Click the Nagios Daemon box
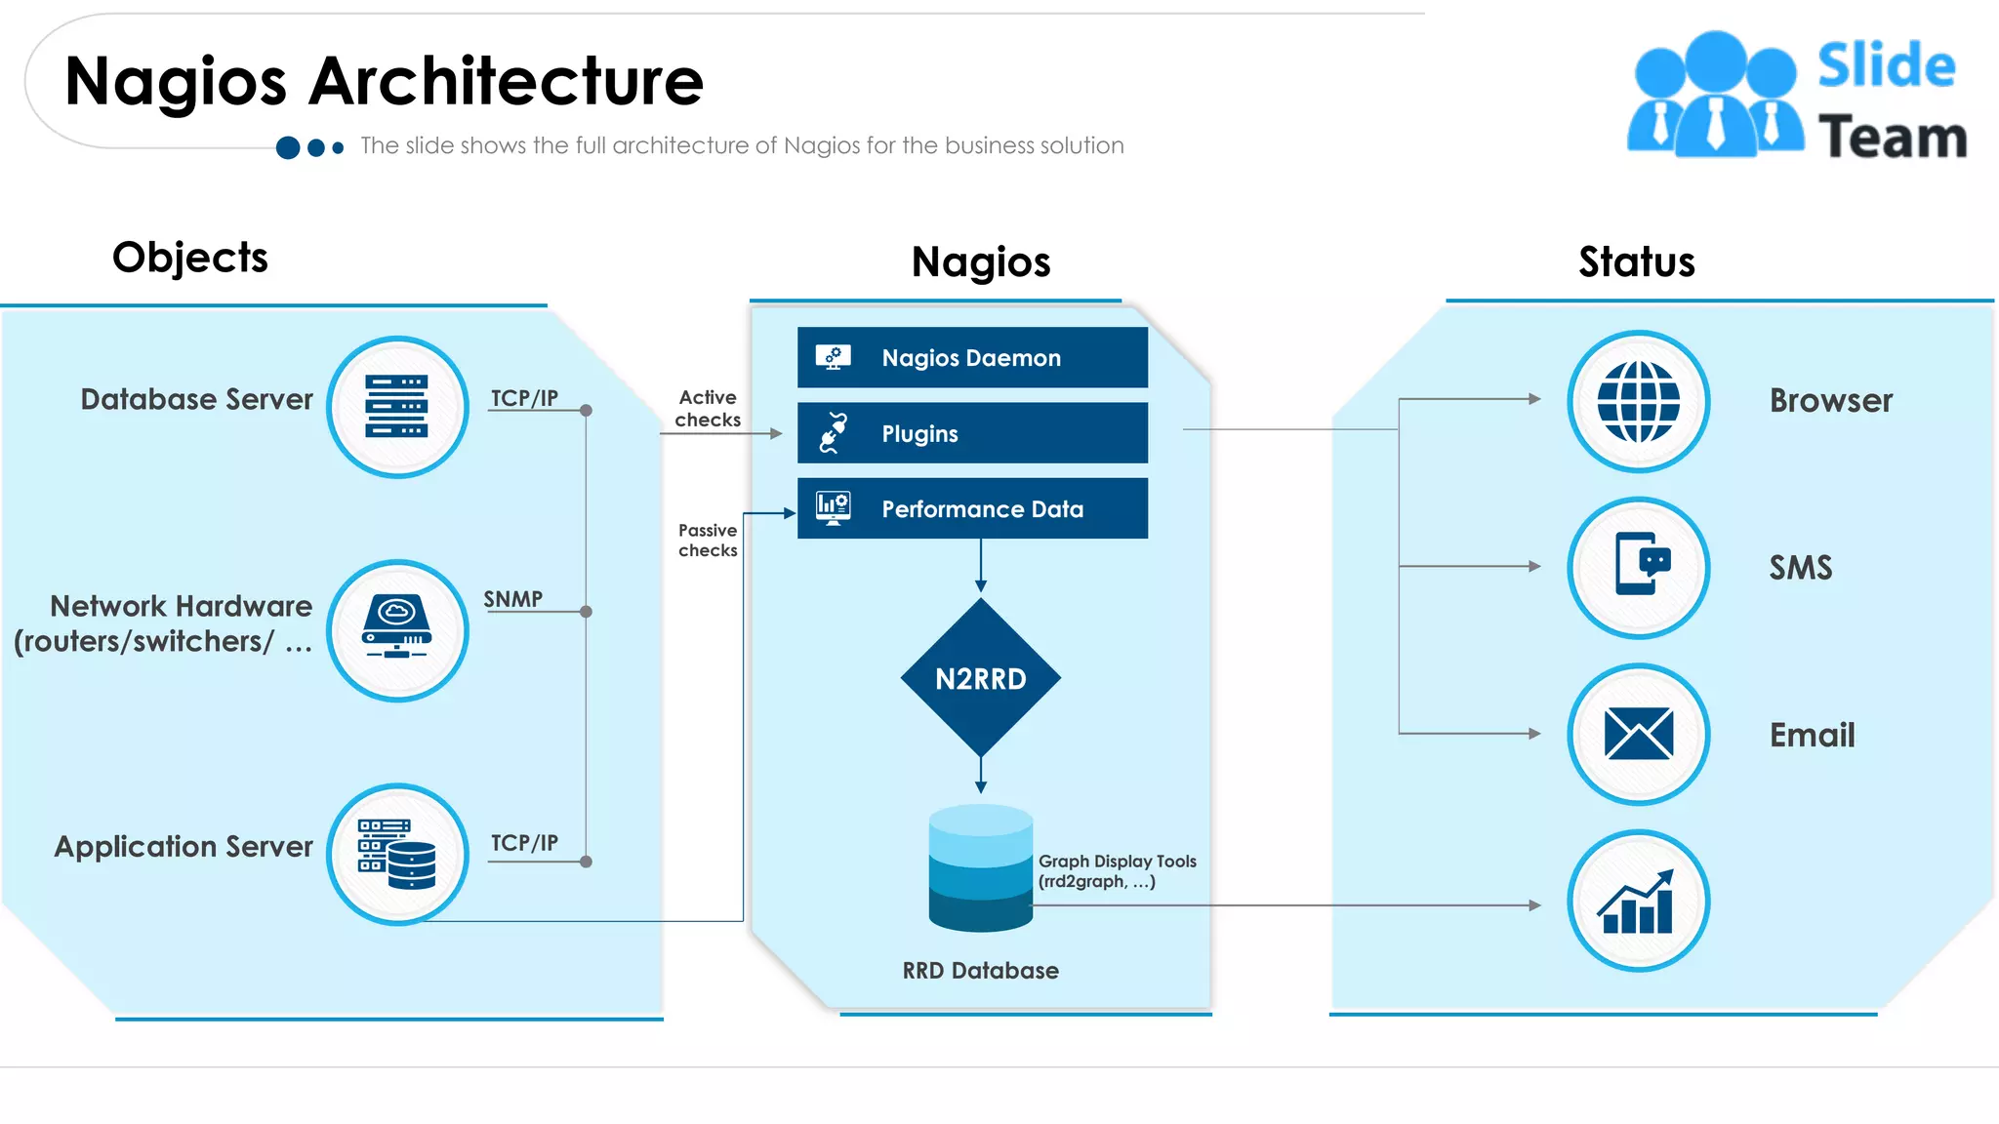click(971, 358)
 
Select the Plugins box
click(971, 433)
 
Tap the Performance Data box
click(971, 508)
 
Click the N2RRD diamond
click(980, 678)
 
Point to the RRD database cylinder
click(980, 867)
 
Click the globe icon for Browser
click(1638, 401)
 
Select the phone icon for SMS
click(1638, 567)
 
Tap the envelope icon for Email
click(1638, 734)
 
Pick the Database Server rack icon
click(397, 407)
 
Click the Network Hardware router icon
click(397, 629)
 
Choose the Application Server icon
click(397, 855)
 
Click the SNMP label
click(513, 599)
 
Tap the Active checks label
click(708, 409)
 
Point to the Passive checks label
click(708, 541)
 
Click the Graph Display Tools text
click(1117, 871)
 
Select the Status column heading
click(1636, 261)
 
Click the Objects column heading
click(189, 258)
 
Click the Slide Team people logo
click(1714, 96)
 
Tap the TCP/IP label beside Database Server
click(524, 398)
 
